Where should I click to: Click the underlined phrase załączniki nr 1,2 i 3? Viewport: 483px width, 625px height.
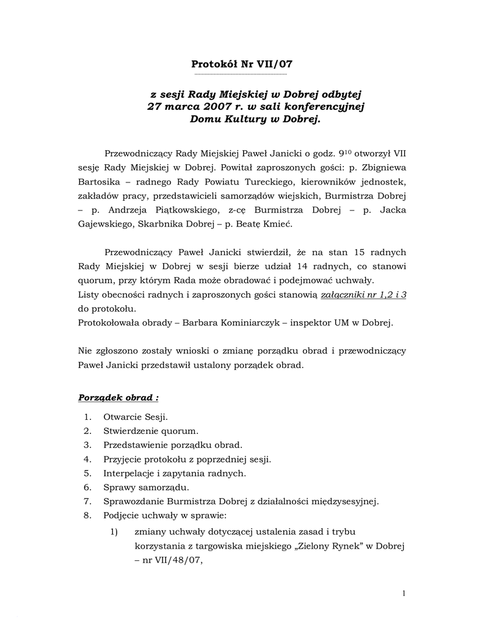(x=364, y=295)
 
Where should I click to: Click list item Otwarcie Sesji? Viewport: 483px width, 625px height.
(x=135, y=417)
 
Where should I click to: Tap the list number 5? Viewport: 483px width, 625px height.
(x=87, y=473)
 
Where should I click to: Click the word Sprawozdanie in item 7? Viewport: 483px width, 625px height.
(x=134, y=502)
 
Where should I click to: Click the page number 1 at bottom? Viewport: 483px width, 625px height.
(x=404, y=594)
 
